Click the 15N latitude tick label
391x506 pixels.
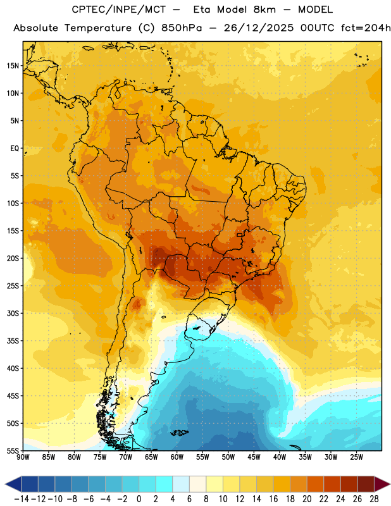coord(13,66)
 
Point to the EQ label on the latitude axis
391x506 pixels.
coord(15,149)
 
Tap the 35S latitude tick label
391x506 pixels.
coord(13,341)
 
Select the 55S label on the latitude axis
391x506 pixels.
coord(13,450)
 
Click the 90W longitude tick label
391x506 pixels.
coord(23,457)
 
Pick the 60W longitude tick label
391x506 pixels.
coord(177,457)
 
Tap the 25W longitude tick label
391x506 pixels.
coord(356,457)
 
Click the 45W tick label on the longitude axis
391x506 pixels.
coord(254,457)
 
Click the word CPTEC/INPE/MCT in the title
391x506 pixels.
coord(119,9)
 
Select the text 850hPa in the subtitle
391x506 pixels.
coord(182,28)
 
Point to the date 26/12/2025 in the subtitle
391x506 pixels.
coord(259,28)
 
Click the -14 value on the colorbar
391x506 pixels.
coord(22,499)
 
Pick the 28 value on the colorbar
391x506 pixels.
coord(374,499)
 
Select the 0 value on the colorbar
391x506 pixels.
coord(139,499)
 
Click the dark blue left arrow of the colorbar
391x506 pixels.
coord(13,484)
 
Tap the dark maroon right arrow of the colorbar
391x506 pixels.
coord(382,484)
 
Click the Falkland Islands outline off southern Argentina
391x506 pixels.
coord(180,433)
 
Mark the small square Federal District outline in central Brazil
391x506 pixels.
coord(239,235)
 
